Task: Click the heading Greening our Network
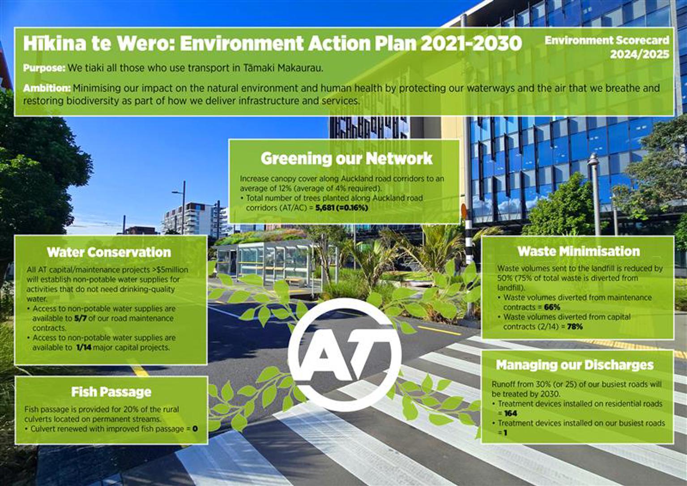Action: point(346,158)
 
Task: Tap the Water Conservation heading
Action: point(109,252)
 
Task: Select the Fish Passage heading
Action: point(111,392)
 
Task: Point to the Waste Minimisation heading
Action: point(579,251)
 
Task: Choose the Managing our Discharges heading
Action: point(575,365)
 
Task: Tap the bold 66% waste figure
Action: point(552,307)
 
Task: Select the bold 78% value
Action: point(575,327)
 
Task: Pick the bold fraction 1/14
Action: point(83,347)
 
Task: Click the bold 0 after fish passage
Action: point(195,429)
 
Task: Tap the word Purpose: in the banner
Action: point(44,68)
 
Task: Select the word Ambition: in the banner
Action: point(47,88)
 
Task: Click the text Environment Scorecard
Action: point(606,40)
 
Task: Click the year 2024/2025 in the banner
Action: point(640,55)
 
